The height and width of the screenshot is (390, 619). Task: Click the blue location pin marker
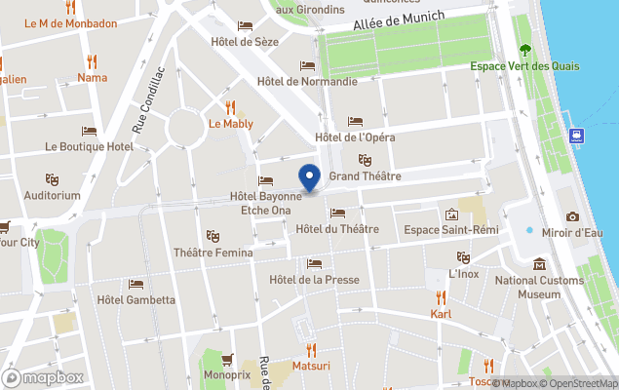[309, 178]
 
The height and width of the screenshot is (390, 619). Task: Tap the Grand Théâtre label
[365, 176]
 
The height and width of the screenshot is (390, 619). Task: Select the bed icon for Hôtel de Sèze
[245, 26]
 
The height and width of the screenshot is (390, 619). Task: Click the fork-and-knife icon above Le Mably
[231, 106]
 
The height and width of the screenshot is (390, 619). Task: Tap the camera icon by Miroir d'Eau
[572, 216]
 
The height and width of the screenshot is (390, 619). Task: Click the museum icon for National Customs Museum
[539, 264]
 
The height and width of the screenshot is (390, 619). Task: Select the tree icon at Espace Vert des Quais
[525, 49]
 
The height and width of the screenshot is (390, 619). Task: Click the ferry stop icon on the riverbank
[578, 136]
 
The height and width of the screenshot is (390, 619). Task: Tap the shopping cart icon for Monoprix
[227, 359]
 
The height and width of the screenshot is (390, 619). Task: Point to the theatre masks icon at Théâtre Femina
[213, 236]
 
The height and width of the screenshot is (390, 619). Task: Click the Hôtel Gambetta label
[136, 300]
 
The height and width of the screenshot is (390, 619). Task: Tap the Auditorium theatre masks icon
[53, 179]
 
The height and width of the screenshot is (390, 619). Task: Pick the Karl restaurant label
[441, 314]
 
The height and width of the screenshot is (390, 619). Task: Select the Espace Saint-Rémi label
[451, 230]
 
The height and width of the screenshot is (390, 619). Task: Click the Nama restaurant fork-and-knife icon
[93, 61]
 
